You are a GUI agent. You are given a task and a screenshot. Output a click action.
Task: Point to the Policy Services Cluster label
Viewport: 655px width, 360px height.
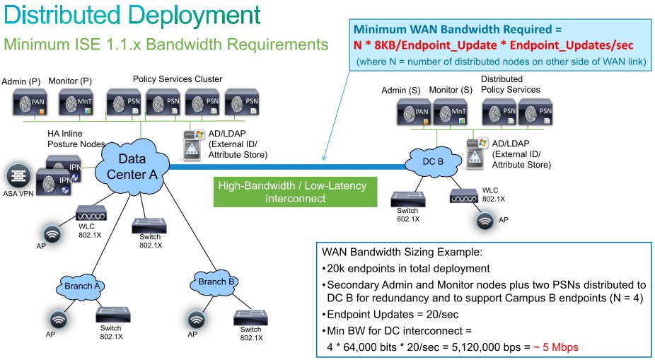tap(178, 79)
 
